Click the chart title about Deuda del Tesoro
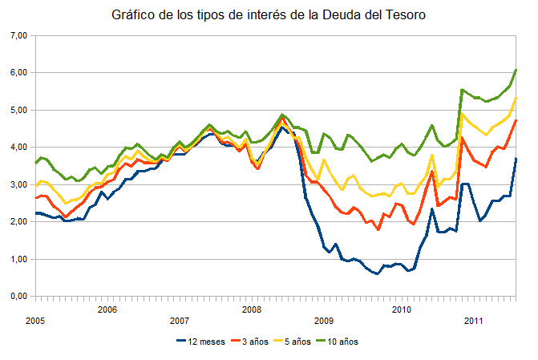[x=269, y=14]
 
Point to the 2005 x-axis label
[x=34, y=320]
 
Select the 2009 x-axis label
[x=324, y=320]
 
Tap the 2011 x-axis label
[x=472, y=320]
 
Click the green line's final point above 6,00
[x=516, y=70]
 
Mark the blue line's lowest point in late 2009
[x=377, y=273]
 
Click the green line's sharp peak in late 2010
[x=462, y=90]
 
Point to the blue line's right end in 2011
[x=516, y=159]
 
